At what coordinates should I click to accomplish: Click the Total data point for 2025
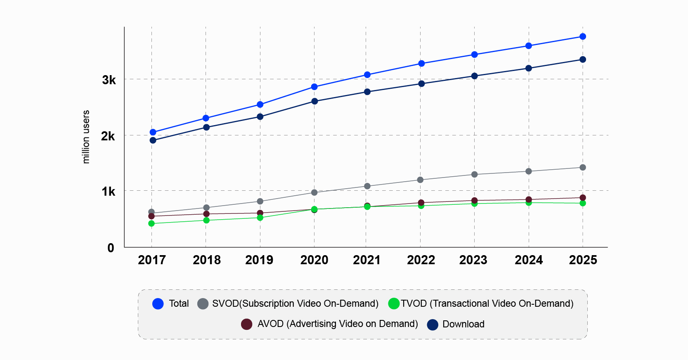[582, 37]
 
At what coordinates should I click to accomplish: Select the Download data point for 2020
[314, 101]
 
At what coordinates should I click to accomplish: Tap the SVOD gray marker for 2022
[420, 180]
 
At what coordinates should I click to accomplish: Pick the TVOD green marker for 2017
[151, 223]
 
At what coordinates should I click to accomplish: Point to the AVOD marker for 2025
[582, 198]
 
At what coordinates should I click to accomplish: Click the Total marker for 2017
[153, 132]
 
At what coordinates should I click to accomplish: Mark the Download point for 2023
[474, 76]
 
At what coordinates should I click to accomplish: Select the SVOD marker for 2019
[260, 201]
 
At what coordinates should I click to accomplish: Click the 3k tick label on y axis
[109, 80]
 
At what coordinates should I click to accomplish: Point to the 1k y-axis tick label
[109, 192]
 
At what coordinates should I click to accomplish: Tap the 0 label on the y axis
[111, 248]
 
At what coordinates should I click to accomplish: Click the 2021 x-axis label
[366, 260]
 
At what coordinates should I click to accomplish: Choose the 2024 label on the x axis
[528, 260]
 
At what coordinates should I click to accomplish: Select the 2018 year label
[206, 260]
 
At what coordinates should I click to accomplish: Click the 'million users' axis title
[86, 137]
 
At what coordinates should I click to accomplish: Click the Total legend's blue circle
[158, 304]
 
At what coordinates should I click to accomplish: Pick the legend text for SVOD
[295, 304]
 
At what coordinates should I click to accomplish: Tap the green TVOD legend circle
[394, 304]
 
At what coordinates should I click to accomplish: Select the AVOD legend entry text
[337, 324]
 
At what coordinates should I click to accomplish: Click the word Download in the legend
[463, 324]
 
